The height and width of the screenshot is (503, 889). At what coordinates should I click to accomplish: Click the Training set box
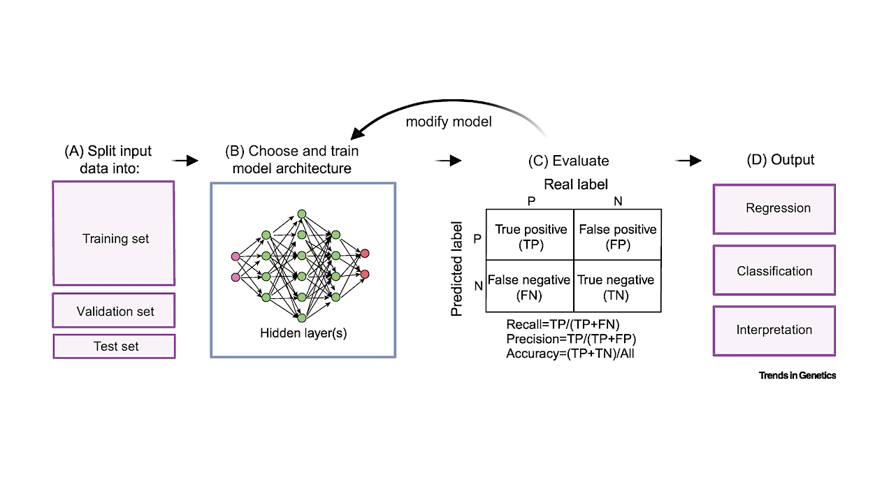tap(114, 233)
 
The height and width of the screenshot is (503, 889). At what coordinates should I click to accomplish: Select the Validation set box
tap(114, 310)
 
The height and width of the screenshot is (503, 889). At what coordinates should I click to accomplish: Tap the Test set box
tap(114, 347)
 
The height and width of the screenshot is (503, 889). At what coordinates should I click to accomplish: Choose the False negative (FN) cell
tap(530, 286)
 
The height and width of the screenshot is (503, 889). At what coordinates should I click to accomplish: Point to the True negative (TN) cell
tap(617, 286)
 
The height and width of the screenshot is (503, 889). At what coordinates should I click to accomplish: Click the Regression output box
tap(774, 209)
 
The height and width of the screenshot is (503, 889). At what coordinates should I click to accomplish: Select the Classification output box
tap(774, 270)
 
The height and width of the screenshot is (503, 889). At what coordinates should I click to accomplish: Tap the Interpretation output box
tap(774, 330)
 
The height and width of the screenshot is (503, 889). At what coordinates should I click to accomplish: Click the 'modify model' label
tap(449, 122)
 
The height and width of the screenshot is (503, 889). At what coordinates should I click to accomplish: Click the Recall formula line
tap(563, 325)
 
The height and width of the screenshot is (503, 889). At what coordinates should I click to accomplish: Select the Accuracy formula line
tap(569, 353)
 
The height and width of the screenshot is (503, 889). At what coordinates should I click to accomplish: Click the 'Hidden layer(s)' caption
tap(303, 333)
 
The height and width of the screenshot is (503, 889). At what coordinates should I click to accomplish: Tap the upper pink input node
tap(236, 256)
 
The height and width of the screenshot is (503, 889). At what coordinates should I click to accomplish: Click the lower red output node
tap(365, 274)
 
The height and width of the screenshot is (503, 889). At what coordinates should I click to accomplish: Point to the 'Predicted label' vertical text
tap(457, 269)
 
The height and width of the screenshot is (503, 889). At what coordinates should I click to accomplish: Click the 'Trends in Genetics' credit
tap(797, 376)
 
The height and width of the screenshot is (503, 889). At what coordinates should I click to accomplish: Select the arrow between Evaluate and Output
tap(688, 161)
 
